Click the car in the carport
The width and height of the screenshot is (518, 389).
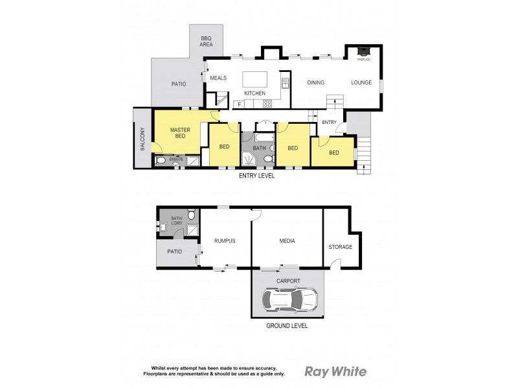click(x=290, y=299)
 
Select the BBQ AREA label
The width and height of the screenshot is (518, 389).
click(x=207, y=41)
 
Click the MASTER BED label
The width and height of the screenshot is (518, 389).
click(x=179, y=133)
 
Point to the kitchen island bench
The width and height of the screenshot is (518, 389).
click(x=254, y=79)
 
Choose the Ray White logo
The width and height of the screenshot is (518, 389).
click(x=335, y=371)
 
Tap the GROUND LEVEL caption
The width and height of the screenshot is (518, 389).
click(x=287, y=325)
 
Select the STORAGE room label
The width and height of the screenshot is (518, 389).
click(x=340, y=247)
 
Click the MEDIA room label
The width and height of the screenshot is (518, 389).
click(x=287, y=241)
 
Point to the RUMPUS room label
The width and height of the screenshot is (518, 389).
click(x=224, y=241)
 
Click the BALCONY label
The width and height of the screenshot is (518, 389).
click(x=142, y=139)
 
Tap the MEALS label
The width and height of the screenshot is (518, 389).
click(x=218, y=78)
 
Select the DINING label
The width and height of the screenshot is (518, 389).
click(x=315, y=82)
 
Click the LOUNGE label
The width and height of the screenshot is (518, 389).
click(x=361, y=82)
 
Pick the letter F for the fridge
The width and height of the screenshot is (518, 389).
click(x=239, y=104)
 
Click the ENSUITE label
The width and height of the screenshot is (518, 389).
click(x=176, y=159)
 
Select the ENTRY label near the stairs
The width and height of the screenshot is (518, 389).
click(x=329, y=122)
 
